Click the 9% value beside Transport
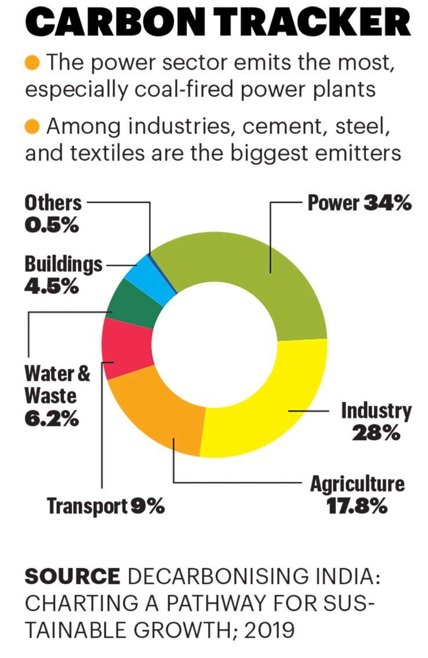tap(147, 506)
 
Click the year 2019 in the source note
tap(262, 628)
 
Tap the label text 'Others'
tap(53, 203)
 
